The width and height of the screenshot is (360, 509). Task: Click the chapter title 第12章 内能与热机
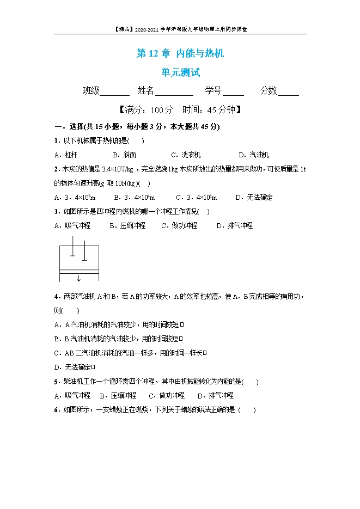(180, 53)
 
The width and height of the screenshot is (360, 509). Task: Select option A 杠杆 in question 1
(66, 155)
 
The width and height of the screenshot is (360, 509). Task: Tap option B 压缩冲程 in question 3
(127, 225)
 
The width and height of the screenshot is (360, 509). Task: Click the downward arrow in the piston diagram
(79, 278)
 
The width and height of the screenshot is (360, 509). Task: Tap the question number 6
(57, 410)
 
